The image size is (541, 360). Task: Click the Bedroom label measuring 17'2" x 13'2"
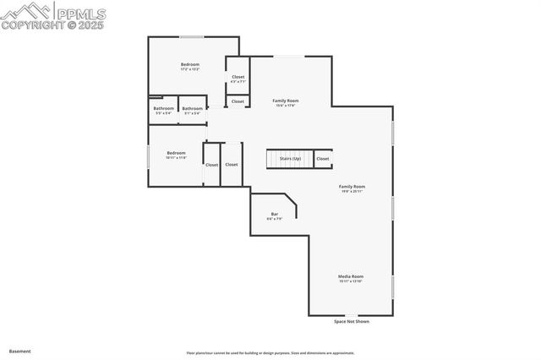click(x=190, y=64)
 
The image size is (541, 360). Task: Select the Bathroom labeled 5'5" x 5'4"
click(x=164, y=108)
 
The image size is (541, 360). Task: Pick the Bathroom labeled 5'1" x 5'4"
click(x=192, y=108)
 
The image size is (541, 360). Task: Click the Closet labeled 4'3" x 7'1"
click(x=238, y=77)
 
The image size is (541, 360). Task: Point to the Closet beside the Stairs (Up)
click(x=322, y=158)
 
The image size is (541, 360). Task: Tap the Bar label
click(x=275, y=214)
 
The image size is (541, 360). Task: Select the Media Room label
click(x=351, y=276)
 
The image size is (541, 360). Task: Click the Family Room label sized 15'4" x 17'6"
click(x=286, y=101)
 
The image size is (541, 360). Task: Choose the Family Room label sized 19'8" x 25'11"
click(x=352, y=186)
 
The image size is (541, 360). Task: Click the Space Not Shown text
click(x=352, y=321)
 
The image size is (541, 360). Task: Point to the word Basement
click(x=19, y=350)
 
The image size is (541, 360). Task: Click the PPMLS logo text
click(x=80, y=13)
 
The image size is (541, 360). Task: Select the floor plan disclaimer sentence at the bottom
click(x=270, y=352)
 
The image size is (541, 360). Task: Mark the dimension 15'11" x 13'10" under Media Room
click(x=351, y=281)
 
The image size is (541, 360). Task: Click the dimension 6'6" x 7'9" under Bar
click(x=275, y=219)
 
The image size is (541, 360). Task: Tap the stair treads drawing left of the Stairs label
click(x=273, y=159)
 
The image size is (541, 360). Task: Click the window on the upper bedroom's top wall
click(x=191, y=37)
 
